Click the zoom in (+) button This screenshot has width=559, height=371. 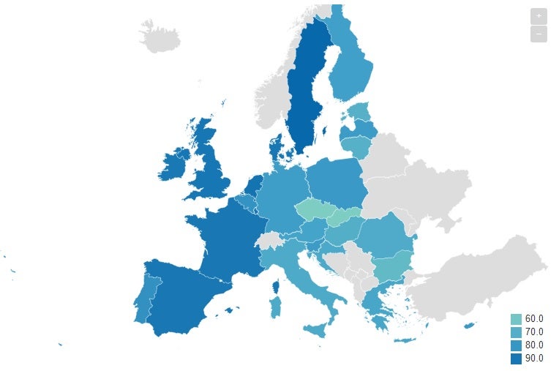[x=539, y=15]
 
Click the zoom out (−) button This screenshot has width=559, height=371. [x=539, y=34]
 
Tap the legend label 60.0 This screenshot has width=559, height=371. [x=534, y=319]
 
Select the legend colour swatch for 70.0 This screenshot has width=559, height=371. [x=516, y=332]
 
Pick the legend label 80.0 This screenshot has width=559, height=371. [x=534, y=345]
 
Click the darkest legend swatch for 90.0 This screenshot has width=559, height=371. [x=516, y=359]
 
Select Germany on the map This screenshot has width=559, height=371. [x=282, y=198]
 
